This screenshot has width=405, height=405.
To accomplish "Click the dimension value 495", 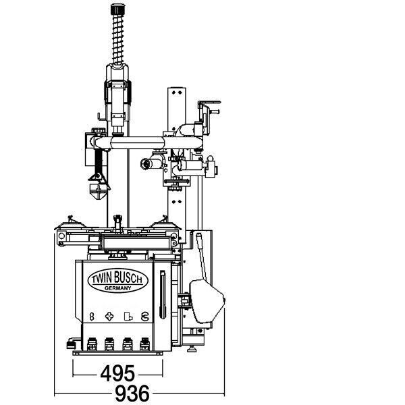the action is point(117,373).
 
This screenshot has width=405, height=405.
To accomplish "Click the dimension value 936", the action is point(132,394).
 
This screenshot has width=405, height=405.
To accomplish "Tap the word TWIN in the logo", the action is point(102,279).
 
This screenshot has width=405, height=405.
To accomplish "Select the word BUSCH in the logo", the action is point(128,277).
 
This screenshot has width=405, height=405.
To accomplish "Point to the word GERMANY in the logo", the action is point(117,288).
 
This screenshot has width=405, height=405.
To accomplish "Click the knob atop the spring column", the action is point(117,9).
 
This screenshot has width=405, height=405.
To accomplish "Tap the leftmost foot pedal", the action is point(92,344).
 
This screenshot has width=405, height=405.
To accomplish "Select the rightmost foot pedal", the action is point(144,344).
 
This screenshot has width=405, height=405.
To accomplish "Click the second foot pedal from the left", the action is point(109,344).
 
